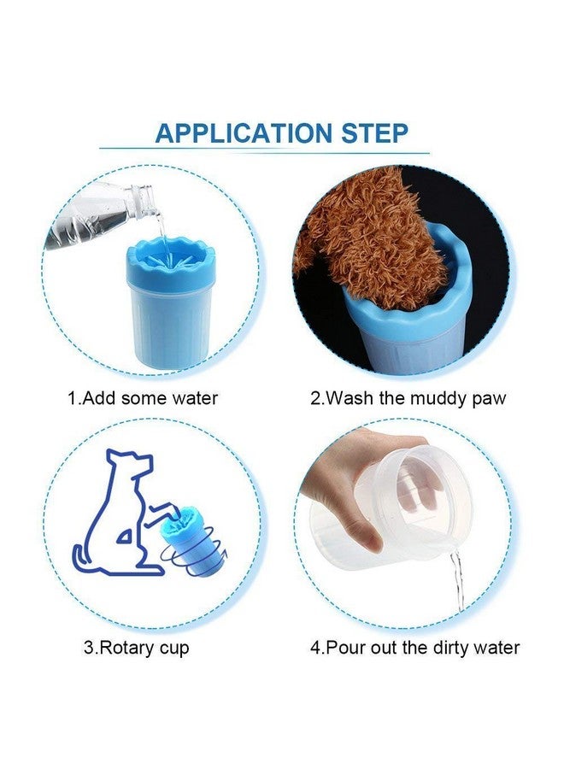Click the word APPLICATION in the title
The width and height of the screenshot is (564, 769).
[x=244, y=133]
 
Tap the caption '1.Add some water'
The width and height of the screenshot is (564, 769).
[x=142, y=397]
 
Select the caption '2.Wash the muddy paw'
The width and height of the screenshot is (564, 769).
[x=408, y=398]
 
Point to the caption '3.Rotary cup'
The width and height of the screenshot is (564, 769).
[x=137, y=648]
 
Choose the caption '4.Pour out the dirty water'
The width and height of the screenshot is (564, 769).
[x=415, y=648]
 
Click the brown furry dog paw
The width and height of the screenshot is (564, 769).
[x=364, y=236]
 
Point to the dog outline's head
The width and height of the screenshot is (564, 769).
[x=132, y=461]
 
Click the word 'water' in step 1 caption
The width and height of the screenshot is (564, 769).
[x=195, y=398]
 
